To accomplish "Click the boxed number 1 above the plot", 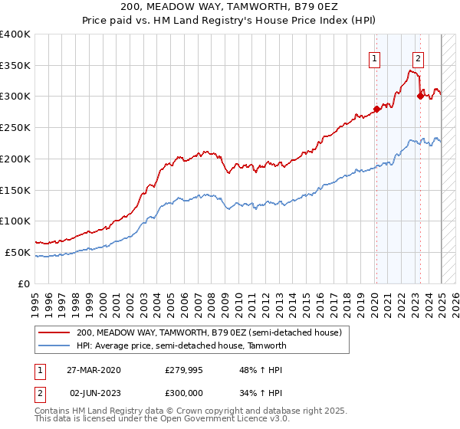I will pyautogui.click(x=375, y=57).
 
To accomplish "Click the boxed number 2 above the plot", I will pyautogui.click(x=418, y=57).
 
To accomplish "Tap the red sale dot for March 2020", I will pyautogui.click(x=376, y=109).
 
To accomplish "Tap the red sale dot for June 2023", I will pyautogui.click(x=420, y=96).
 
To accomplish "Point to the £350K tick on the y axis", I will pyautogui.click(x=15, y=65).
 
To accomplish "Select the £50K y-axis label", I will pyautogui.click(x=17, y=252).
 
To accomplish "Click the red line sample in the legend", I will pyautogui.click(x=54, y=332).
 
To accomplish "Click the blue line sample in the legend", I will pyautogui.click(x=54, y=345).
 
